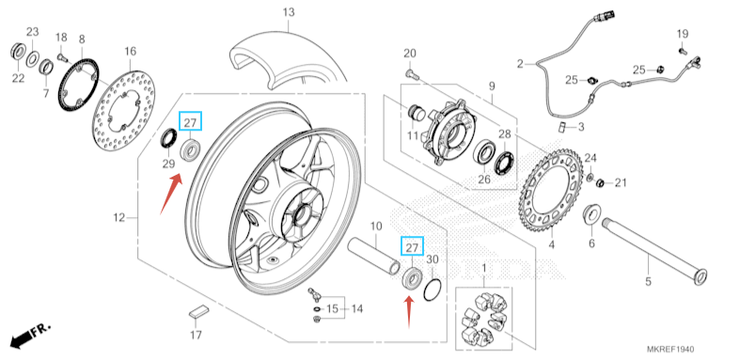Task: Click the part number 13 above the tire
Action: pos(289,12)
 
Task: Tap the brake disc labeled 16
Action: pos(124,112)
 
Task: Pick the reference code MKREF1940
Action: pos(670,349)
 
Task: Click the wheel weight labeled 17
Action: pos(199,311)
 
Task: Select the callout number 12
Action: pos(118,217)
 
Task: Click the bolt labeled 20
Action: pos(412,73)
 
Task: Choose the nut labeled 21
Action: pos(600,183)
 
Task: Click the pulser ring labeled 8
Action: pos(78,85)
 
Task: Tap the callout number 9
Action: pos(492,86)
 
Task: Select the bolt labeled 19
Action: pos(683,50)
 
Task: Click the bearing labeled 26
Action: pos(483,153)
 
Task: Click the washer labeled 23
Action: pos(32,58)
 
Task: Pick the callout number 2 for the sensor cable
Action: pos(520,63)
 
